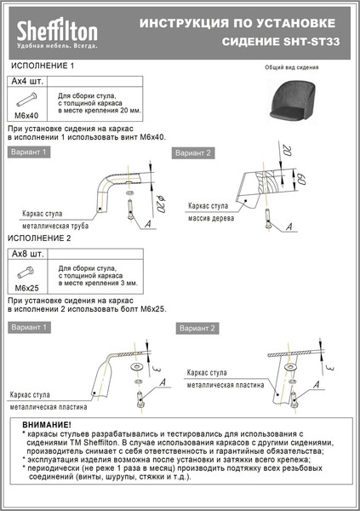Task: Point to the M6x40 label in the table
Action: [x=28, y=114]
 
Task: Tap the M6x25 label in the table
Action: [x=28, y=288]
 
